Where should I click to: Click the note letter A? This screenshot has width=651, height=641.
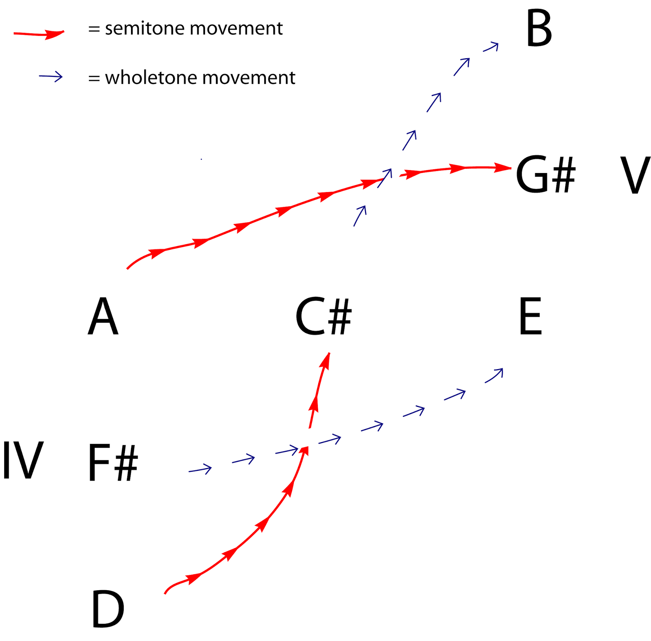coord(103,316)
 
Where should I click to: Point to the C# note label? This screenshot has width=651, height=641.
coord(323,316)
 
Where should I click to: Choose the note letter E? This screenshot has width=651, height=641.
coord(531,316)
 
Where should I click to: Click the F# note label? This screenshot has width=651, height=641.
coord(113,463)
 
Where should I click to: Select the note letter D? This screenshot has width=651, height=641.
coord(107,609)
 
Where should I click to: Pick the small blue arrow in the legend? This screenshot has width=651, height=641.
coord(51,77)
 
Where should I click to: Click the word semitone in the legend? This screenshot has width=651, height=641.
coord(144,28)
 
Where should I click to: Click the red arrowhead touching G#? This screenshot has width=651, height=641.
coord(503,167)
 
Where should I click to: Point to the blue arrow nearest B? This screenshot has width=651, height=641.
coord(491,47)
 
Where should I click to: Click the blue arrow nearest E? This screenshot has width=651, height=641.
coord(494,375)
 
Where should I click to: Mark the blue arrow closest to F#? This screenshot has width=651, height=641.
coord(200,469)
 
